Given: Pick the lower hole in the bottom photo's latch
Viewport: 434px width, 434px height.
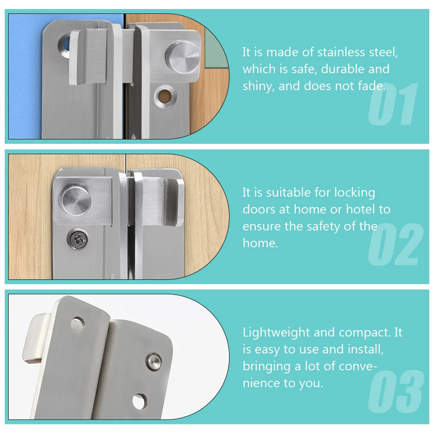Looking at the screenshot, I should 139,401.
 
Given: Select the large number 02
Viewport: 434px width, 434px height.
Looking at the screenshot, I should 394,245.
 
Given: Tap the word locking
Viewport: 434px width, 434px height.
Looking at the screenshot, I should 353,192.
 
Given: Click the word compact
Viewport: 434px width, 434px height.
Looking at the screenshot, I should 366,333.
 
